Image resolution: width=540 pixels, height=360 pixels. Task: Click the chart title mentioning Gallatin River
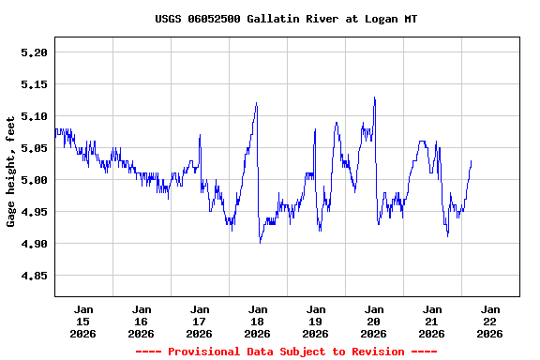point(286,19)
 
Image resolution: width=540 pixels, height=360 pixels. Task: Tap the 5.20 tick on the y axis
point(34,53)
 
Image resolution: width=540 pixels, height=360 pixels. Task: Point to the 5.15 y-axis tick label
point(34,85)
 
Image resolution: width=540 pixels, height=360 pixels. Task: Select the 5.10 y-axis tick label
point(34,117)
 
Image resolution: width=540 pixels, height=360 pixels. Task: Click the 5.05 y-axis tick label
point(34,149)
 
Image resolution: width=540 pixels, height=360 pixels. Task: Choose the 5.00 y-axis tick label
point(34,181)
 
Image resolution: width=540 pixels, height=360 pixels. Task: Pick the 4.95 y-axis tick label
point(34,213)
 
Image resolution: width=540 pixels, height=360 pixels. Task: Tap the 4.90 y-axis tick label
point(34,245)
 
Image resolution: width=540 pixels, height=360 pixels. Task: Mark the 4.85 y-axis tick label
point(34,277)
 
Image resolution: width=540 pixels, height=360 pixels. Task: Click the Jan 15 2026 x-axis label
point(83,321)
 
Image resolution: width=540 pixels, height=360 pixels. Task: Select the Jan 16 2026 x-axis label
point(142,321)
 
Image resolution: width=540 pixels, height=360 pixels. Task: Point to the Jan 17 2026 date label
point(200,321)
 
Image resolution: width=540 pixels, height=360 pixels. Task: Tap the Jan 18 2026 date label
point(258,321)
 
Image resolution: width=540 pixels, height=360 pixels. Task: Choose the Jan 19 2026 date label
point(316,321)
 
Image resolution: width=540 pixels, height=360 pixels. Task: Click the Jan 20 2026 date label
point(374,321)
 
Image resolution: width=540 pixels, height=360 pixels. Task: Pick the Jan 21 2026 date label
point(432,321)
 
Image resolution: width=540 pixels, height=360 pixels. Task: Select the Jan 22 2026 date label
point(490,321)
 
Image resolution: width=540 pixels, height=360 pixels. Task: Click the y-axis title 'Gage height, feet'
point(11,172)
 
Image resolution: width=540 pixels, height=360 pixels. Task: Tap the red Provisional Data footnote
point(286,352)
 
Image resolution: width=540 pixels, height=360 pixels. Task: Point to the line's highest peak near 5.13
point(374,97)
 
